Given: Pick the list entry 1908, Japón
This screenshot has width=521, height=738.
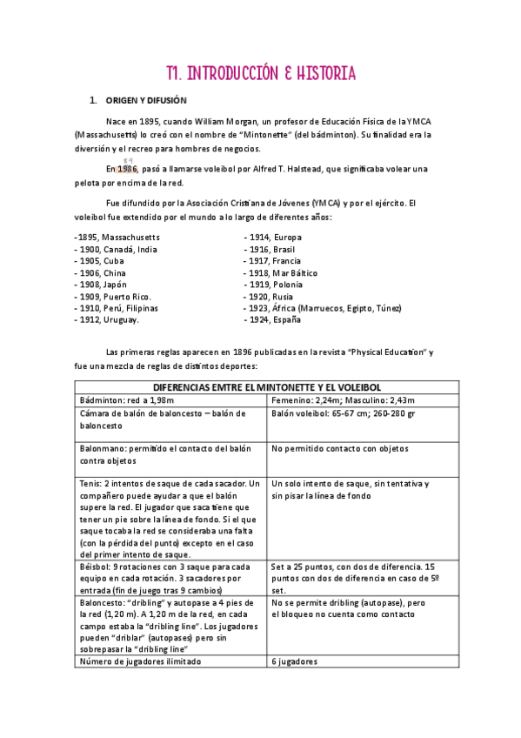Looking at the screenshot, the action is pyautogui.click(x=104, y=285).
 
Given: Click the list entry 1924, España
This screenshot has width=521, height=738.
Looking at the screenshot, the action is pyautogui.click(x=274, y=320).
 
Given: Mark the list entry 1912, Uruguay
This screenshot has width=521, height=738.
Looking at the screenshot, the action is pyautogui.click(x=109, y=320).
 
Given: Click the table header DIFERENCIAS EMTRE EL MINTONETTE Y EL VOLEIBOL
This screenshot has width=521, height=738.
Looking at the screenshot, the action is pyautogui.click(x=260, y=387).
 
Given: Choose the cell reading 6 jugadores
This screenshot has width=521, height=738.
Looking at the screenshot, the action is pyautogui.click(x=295, y=661).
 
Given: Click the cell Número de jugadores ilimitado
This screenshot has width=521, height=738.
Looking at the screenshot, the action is pyautogui.click(x=140, y=661).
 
